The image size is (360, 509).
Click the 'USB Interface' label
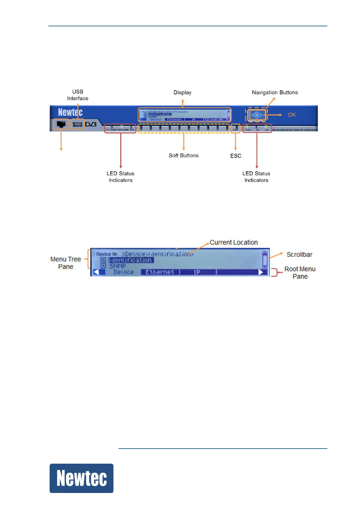point(78,95)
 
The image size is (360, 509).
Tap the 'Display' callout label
point(182,92)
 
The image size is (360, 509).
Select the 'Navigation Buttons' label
point(275,92)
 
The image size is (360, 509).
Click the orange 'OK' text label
point(292,115)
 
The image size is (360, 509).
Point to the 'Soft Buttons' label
point(184,155)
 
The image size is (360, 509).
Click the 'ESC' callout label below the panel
point(236,156)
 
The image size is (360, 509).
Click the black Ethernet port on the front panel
point(61,124)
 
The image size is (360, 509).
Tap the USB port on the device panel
point(77,124)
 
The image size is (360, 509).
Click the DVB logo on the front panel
point(91,124)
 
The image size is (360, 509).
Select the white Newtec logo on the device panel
point(70,112)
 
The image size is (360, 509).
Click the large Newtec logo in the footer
point(81,478)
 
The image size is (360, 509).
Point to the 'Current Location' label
point(234,242)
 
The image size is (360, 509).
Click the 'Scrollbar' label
point(299,254)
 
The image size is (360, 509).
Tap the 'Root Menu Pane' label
point(300,273)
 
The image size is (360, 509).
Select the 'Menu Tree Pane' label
point(66,263)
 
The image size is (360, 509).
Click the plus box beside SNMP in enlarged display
point(103,266)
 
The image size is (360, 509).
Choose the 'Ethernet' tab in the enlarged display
point(160,272)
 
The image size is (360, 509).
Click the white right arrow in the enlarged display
point(261,272)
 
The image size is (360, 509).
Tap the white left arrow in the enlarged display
point(96,272)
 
